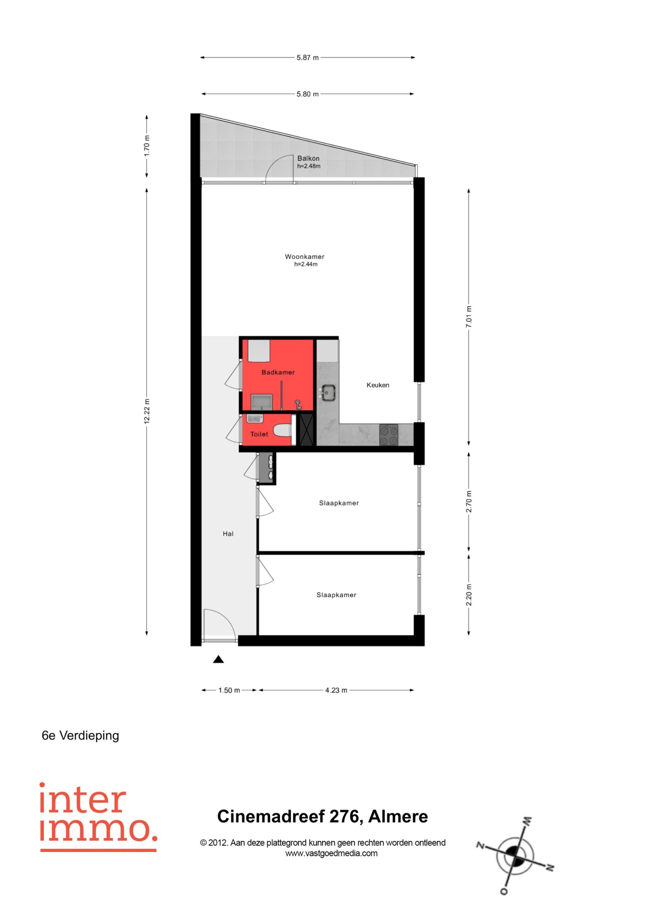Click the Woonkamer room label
pyautogui.click(x=305, y=257)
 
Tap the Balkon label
pyautogui.click(x=308, y=159)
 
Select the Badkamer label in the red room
pyautogui.click(x=278, y=372)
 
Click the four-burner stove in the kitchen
pyautogui.click(x=389, y=435)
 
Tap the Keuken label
pyautogui.click(x=378, y=385)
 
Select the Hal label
pyautogui.click(x=228, y=533)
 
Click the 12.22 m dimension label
pyautogui.click(x=147, y=411)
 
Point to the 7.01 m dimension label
pyautogui.click(x=469, y=317)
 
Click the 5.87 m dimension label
pyautogui.click(x=307, y=58)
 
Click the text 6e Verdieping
pyautogui.click(x=80, y=736)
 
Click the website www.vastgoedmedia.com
pyautogui.click(x=331, y=853)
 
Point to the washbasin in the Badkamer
pyautogui.click(x=261, y=402)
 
